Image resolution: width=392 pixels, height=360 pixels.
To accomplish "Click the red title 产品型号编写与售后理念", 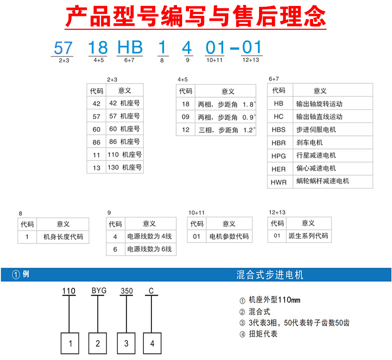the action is click(x=196, y=16).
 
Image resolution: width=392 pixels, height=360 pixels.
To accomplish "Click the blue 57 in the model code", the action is click(x=63, y=48).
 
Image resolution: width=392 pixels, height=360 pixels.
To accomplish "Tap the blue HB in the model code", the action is click(x=130, y=47).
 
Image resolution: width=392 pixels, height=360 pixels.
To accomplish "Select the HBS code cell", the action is click(x=278, y=129).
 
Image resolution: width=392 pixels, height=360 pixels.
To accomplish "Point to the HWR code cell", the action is click(x=278, y=182).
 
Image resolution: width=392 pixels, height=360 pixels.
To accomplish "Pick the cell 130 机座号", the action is click(x=125, y=167).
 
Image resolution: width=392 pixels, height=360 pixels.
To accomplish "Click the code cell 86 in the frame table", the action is click(x=96, y=142).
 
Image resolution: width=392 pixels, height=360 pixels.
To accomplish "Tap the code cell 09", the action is click(x=186, y=117).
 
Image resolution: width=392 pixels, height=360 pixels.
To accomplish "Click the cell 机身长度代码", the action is click(x=63, y=237).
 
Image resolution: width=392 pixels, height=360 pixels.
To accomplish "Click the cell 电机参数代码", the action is click(x=229, y=237).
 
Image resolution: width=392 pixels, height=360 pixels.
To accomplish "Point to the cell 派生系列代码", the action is click(x=308, y=236).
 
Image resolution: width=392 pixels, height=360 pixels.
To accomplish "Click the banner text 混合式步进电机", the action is click(x=270, y=275).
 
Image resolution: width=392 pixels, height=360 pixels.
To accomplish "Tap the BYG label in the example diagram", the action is click(x=99, y=291).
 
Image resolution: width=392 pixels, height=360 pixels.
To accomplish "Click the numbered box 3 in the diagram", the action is click(x=126, y=343).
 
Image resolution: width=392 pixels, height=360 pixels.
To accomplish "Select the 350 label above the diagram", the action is click(x=127, y=291).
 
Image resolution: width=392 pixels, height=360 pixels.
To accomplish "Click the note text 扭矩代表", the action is click(x=263, y=334).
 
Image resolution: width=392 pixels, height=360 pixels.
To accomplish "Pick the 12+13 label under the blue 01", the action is click(x=251, y=60).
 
